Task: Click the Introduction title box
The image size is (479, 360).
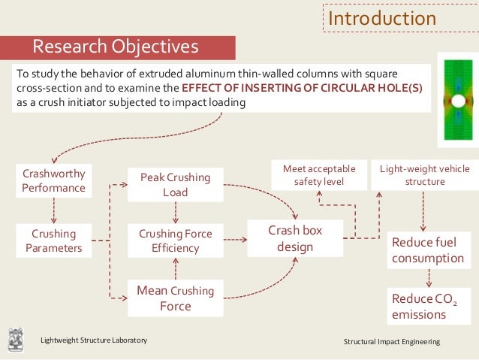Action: coord(381,18)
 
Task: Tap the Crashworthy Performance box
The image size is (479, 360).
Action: coord(53,181)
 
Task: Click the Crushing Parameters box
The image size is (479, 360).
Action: coord(53,241)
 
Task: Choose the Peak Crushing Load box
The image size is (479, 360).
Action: coord(175,185)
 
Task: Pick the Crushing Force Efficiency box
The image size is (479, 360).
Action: coord(175,241)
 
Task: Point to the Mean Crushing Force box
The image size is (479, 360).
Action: coord(175,298)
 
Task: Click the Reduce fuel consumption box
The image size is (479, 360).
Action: coord(427,251)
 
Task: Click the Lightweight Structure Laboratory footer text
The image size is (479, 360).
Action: coord(94,341)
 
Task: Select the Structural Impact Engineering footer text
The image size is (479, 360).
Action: coord(391,342)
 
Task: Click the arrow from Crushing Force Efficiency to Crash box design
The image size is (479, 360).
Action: coord(235,241)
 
